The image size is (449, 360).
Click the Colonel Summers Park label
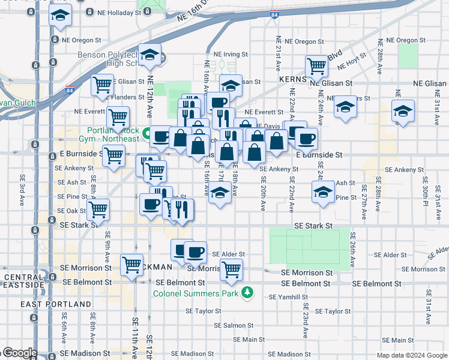pos(196,293)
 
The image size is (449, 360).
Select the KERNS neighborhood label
pos(293,79)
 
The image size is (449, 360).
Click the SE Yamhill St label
pos(288,297)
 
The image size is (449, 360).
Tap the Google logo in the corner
pos(20,353)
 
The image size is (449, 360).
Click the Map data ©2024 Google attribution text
pos(411,355)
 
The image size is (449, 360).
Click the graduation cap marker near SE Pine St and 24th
pos(323,192)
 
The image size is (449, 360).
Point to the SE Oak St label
pos(71,211)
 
